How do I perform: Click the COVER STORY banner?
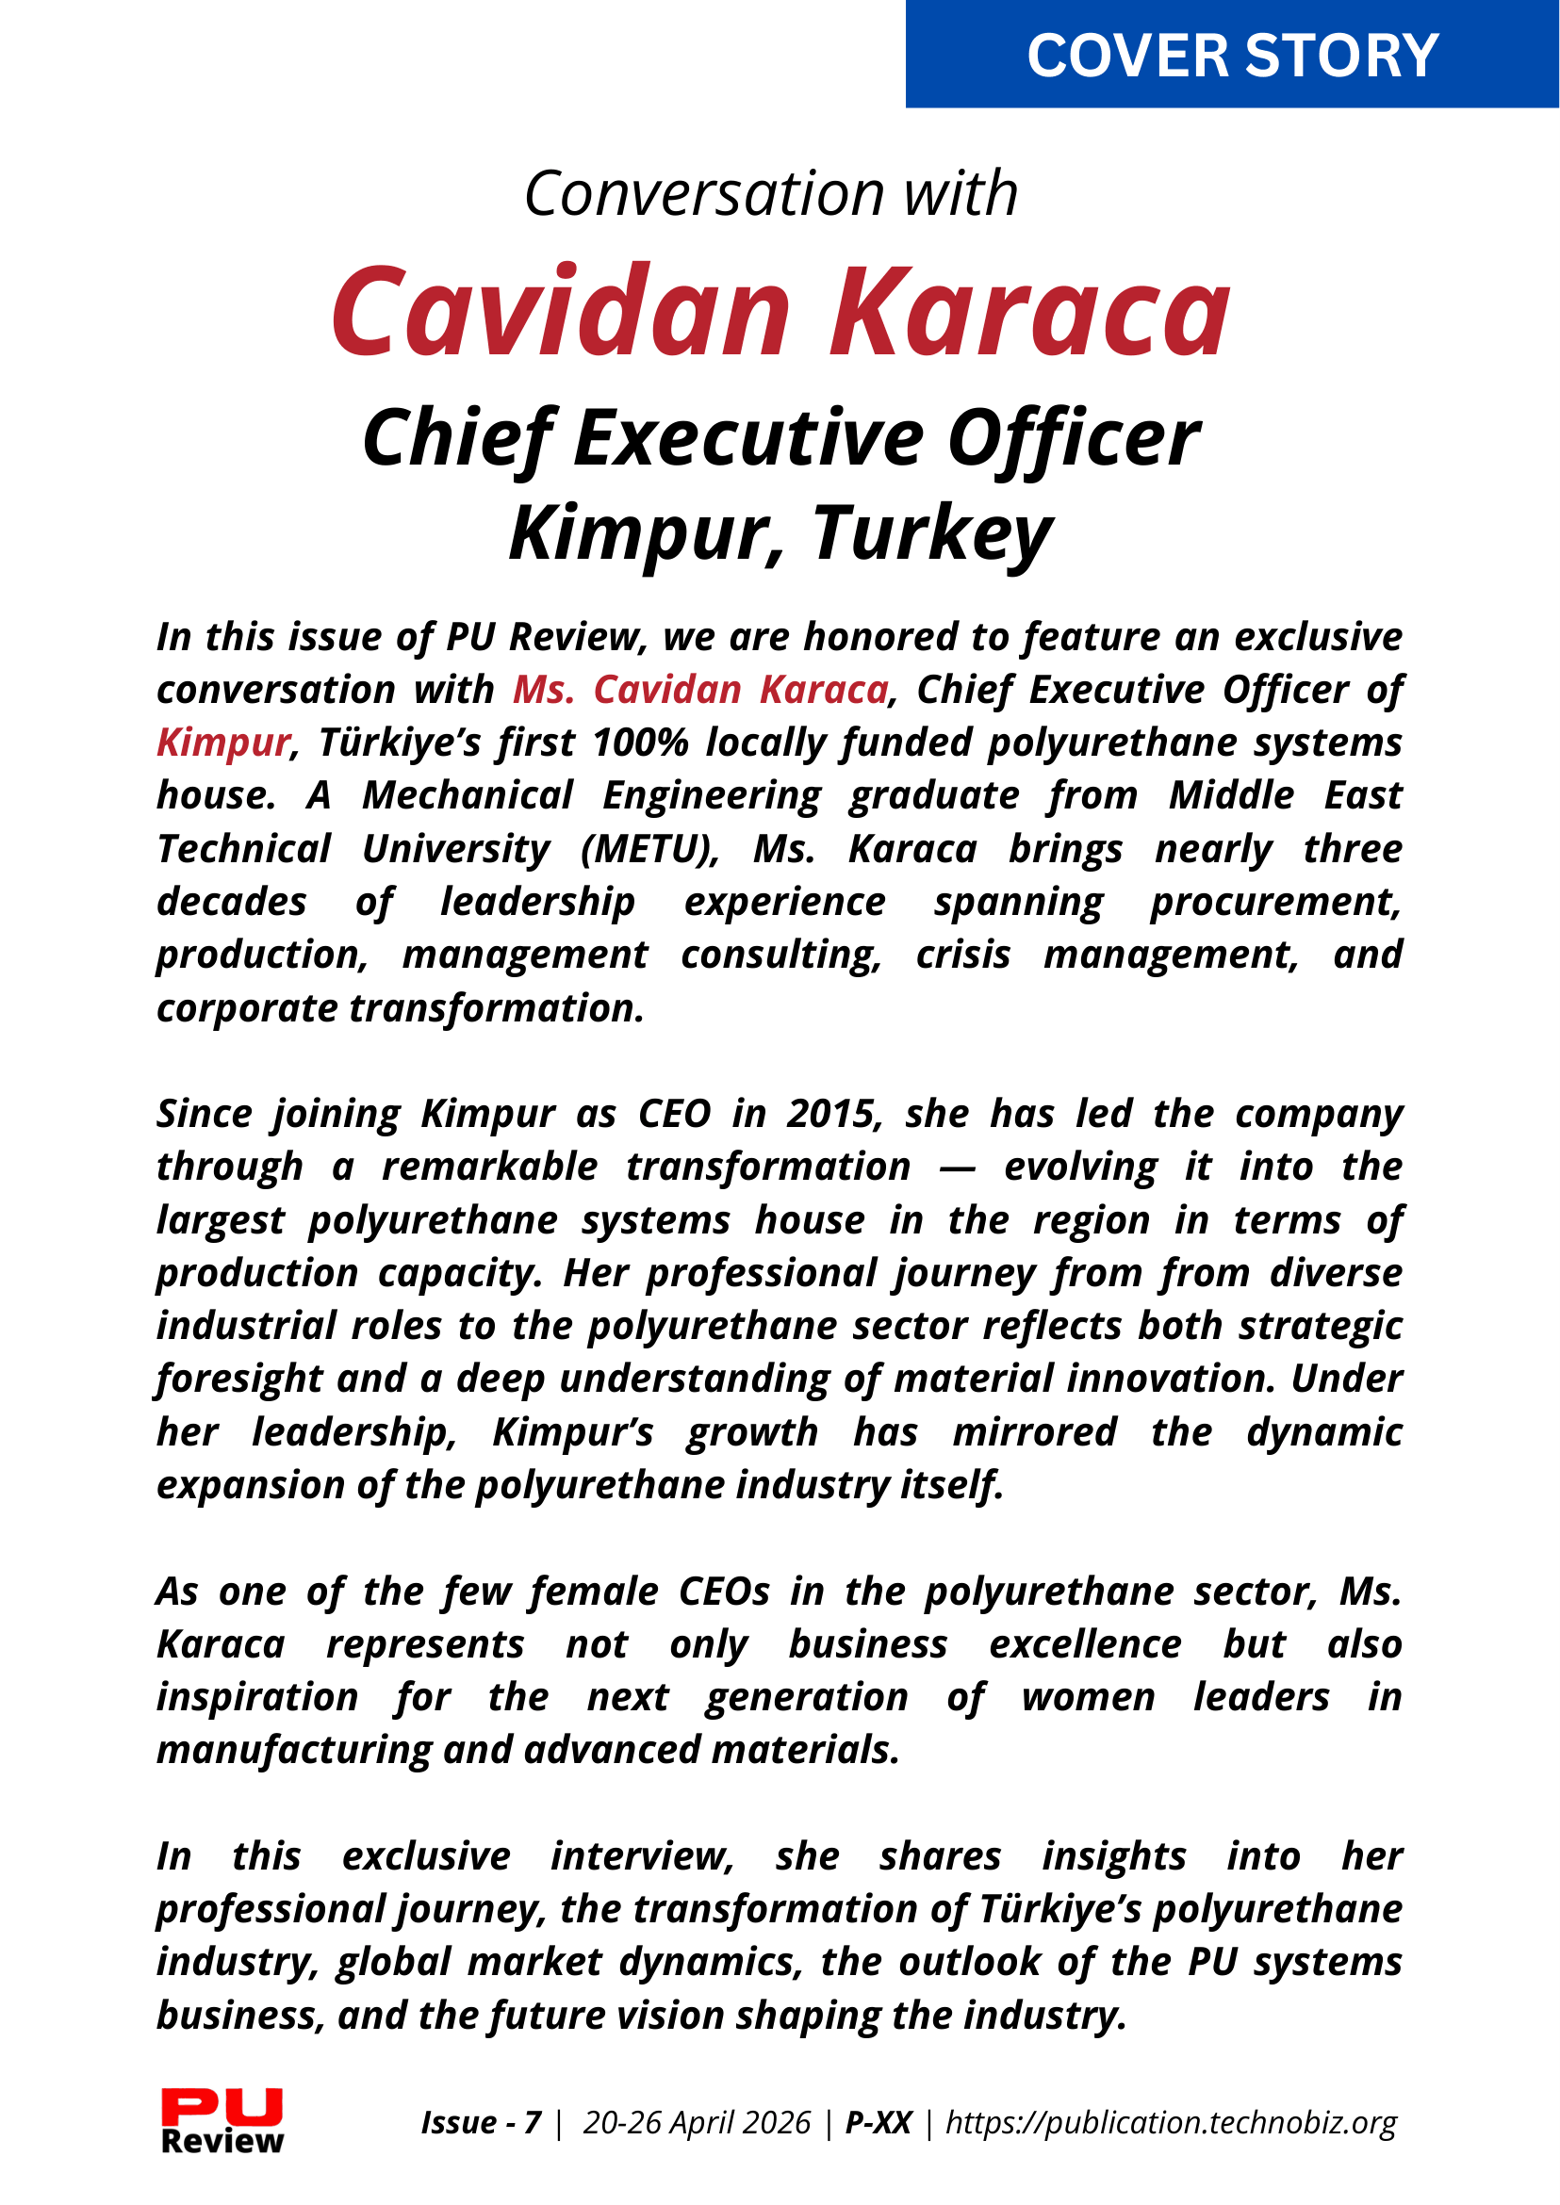pyautogui.click(x=1232, y=55)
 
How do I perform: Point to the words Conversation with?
pyautogui.click(x=770, y=193)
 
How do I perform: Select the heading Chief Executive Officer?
pyautogui.click(x=780, y=439)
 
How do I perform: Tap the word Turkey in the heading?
pyautogui.click(x=932, y=533)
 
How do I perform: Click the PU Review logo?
pyautogui.click(x=222, y=2120)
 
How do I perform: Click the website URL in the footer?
pyautogui.click(x=1170, y=2121)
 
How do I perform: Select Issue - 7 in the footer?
pyautogui.click(x=482, y=2121)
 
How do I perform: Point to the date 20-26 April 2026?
pyautogui.click(x=697, y=2121)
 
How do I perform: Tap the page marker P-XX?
pyautogui.click(x=878, y=2121)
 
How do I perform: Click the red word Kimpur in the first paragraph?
pyautogui.click(x=222, y=743)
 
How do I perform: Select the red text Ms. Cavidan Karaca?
pyautogui.click(x=700, y=690)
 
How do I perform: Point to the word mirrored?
pyautogui.click(x=1035, y=1432)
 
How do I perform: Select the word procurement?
pyautogui.click(x=1275, y=902)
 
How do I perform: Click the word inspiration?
pyautogui.click(x=257, y=1698)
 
